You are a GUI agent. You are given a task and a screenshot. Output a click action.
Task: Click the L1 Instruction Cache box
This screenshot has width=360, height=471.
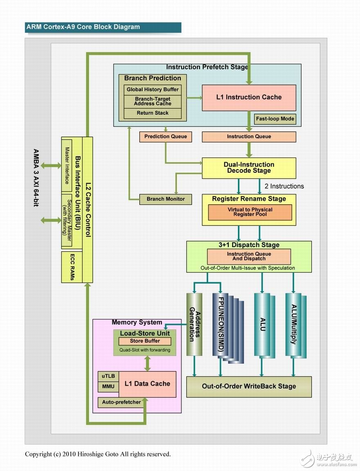point(249,97)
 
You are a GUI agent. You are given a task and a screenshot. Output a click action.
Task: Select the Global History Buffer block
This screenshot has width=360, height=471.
point(152,89)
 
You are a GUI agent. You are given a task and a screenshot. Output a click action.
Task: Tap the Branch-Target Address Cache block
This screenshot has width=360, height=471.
point(152,101)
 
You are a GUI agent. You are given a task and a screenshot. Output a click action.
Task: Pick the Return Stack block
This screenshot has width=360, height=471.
point(152,113)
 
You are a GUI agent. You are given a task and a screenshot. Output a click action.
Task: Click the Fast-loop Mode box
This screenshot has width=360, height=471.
point(275,119)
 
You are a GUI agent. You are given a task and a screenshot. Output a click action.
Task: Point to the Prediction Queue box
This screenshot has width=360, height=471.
point(165,136)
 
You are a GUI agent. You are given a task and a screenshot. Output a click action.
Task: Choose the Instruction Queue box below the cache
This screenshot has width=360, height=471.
point(249,136)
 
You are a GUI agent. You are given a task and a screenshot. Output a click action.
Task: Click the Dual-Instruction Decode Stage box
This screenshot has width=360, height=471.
point(249,167)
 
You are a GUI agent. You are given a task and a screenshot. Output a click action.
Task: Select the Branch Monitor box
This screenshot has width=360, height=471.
point(165,199)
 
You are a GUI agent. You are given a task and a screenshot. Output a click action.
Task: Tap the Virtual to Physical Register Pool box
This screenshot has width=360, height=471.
point(250,212)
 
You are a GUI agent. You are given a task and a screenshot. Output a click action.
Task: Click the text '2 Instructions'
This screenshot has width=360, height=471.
point(284,186)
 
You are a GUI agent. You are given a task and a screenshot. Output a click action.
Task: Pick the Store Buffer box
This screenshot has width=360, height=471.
point(145,341)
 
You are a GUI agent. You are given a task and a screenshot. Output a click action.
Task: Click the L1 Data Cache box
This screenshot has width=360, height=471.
point(147,384)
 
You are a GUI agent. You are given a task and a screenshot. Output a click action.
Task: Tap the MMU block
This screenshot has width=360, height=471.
point(108,386)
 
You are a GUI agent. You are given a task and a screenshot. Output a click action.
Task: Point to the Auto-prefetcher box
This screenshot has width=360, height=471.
point(121,402)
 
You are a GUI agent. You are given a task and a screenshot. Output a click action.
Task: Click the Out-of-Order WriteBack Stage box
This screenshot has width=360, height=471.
point(249,386)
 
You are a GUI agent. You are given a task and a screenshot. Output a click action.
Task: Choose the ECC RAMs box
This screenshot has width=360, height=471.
point(72,267)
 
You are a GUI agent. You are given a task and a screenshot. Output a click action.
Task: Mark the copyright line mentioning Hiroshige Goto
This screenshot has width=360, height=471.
point(98,454)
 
